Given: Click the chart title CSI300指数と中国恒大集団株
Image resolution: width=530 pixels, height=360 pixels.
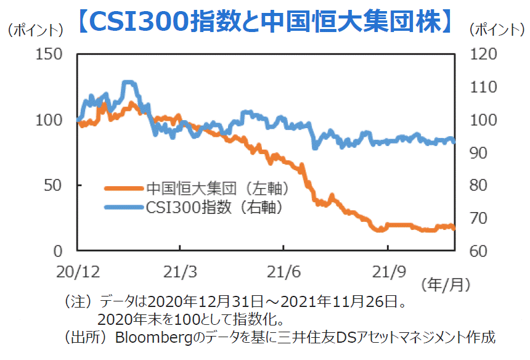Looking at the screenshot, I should tap(265, 22).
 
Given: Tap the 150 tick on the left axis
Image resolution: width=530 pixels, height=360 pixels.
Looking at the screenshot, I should tap(49, 54).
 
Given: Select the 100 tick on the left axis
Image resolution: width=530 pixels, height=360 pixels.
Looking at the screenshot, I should tap(49, 120).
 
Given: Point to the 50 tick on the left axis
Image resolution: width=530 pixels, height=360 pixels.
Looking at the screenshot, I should tap(53, 185).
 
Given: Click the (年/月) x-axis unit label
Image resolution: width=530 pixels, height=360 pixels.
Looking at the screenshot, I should tap(446, 285).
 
